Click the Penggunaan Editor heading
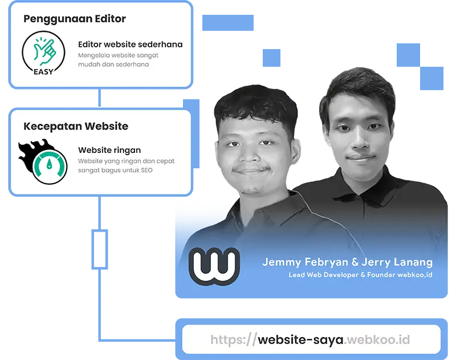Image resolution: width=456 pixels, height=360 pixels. [x=75, y=19]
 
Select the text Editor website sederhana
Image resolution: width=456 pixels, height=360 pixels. [x=130, y=44]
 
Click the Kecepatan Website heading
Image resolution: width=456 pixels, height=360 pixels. [x=76, y=126]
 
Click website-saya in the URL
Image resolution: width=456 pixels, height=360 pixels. [x=301, y=340]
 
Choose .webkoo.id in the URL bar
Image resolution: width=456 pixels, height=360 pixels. [x=377, y=340]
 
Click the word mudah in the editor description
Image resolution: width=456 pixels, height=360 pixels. [x=90, y=64]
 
